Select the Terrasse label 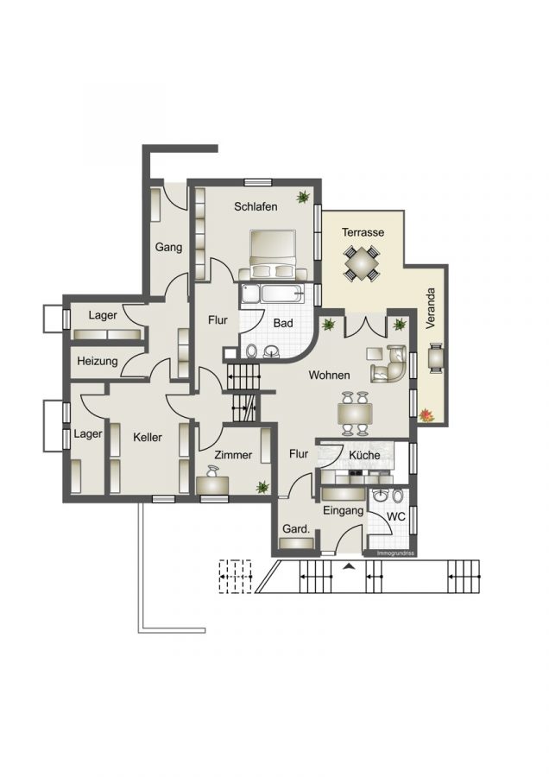click(x=363, y=232)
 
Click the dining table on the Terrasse click(x=362, y=262)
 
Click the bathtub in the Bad click(x=273, y=294)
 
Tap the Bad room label click(x=283, y=323)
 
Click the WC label click(x=395, y=516)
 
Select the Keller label click(x=148, y=438)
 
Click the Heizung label click(x=97, y=361)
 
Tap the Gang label click(x=168, y=248)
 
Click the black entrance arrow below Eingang click(x=348, y=566)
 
